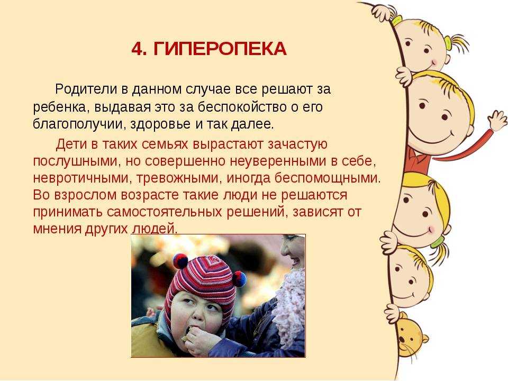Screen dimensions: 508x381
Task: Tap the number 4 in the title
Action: click(137, 49)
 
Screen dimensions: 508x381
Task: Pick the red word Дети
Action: click(71, 144)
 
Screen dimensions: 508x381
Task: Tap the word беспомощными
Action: click(328, 178)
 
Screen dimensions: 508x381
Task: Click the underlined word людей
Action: click(154, 229)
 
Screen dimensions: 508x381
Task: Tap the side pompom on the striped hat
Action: click(240, 279)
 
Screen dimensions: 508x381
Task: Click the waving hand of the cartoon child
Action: click(498, 120)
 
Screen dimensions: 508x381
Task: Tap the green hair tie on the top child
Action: click(448, 43)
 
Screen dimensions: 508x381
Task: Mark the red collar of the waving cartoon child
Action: click(418, 159)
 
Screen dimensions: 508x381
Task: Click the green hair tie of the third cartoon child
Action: click(437, 241)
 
